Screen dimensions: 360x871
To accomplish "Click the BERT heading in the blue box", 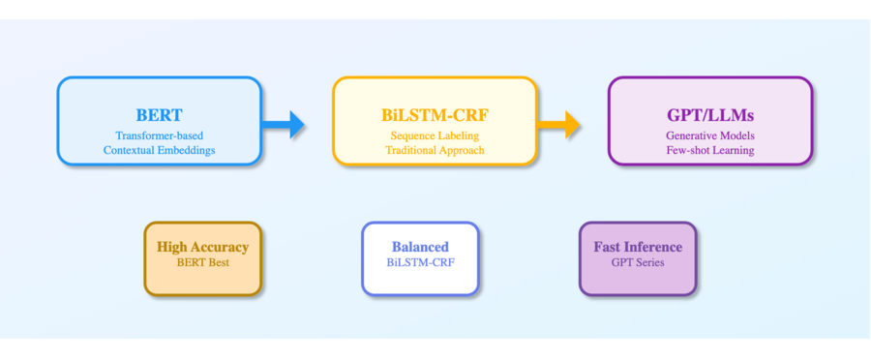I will (x=159, y=114).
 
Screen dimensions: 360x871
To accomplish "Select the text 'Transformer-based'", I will (x=159, y=135).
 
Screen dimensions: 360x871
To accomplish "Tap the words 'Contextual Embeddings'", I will (x=159, y=150).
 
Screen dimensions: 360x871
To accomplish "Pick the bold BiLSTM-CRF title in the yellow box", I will (x=435, y=114).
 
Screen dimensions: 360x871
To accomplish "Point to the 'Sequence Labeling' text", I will (x=435, y=135).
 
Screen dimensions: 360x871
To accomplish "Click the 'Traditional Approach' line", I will (x=435, y=150).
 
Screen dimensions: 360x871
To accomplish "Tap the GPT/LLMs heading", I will (x=709, y=114).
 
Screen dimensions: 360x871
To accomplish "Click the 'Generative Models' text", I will (x=709, y=135).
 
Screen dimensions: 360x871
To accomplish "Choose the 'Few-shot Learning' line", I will (x=709, y=150).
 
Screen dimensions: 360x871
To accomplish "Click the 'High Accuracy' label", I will (x=202, y=247).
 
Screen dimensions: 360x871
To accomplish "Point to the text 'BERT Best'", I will (x=202, y=262).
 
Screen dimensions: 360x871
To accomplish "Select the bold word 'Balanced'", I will (x=420, y=247).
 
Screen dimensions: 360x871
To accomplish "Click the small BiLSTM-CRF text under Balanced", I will (x=420, y=262).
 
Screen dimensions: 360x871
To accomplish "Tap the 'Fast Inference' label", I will (x=637, y=247).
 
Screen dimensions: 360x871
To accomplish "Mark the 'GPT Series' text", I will (x=637, y=262).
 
